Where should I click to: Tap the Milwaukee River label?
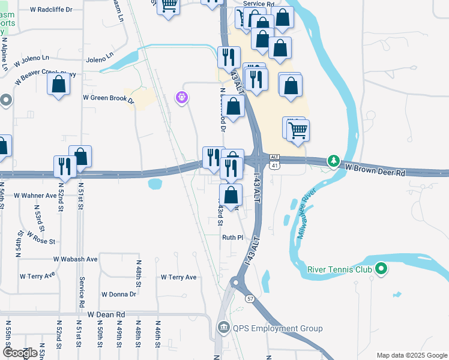coord(306,214)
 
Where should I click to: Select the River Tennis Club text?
coord(339,269)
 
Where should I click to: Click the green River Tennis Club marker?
coord(380,269)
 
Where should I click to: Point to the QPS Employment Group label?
coord(277,328)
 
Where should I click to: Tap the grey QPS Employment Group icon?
coord(223,328)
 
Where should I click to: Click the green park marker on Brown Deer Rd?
coord(333,161)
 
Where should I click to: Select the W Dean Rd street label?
coord(106,314)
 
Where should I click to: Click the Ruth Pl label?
coord(232,238)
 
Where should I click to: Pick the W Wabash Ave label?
coord(75,259)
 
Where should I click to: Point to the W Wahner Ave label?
coord(35,195)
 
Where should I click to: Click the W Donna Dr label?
coord(119,294)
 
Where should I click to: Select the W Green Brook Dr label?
coord(108,98)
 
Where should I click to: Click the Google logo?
coord(20,352)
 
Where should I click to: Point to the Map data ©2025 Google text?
coord(411,355)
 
